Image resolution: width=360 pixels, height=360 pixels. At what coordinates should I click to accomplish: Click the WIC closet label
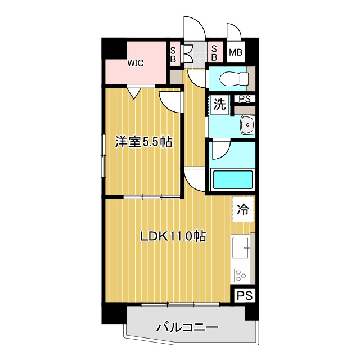pos(135,63)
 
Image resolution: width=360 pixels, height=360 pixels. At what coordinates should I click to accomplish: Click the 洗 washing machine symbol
pos(220,103)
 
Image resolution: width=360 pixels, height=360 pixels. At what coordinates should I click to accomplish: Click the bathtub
pos(233,180)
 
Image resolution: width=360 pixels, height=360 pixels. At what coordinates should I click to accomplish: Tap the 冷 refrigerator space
pos(243,210)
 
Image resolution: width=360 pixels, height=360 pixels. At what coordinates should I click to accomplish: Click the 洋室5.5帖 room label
pos(143,142)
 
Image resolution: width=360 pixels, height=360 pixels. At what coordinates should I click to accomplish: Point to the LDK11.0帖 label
pos(173,237)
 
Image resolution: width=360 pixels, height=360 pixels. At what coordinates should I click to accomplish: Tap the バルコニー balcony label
pos(186,327)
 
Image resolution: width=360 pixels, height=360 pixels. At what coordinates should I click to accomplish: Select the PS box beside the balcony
pos(244,295)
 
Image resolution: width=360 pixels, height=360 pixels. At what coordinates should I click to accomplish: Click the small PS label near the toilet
pos(244,99)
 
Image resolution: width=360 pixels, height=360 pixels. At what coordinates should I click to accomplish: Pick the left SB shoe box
pos(173,53)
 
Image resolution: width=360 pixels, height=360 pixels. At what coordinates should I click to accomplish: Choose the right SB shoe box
pos(214,53)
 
